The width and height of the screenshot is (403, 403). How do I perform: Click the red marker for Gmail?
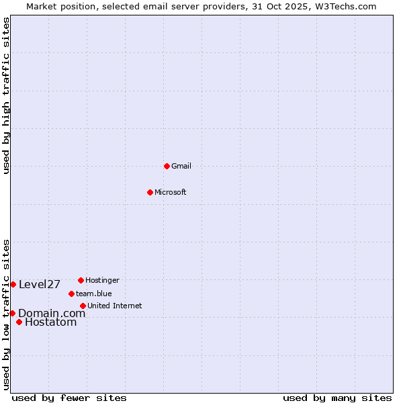pyautogui.click(x=167, y=166)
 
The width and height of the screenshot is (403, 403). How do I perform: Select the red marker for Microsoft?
pyautogui.click(x=150, y=192)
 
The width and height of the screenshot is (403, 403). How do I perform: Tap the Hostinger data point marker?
pyautogui.click(x=81, y=280)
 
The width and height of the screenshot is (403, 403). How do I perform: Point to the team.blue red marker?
pyautogui.click(x=71, y=294)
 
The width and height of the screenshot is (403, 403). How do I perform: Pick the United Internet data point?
pyautogui.click(x=83, y=306)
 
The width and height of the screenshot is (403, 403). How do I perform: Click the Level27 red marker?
pyautogui.click(x=13, y=284)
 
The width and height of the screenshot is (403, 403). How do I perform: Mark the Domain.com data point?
pyautogui.click(x=12, y=313)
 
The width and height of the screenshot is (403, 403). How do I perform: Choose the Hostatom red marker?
pyautogui.click(x=19, y=322)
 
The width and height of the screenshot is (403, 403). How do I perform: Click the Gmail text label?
pyautogui.click(x=181, y=166)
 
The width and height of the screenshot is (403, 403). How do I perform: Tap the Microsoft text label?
pyautogui.click(x=171, y=192)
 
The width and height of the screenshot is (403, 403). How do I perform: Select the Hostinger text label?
pyautogui.click(x=102, y=280)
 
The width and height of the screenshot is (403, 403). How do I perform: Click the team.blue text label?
pyautogui.click(x=94, y=294)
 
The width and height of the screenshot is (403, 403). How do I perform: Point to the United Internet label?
pyautogui.click(x=115, y=306)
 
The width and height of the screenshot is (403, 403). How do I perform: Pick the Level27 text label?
pyautogui.click(x=40, y=284)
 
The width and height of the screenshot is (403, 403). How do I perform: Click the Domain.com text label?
pyautogui.click(x=52, y=313)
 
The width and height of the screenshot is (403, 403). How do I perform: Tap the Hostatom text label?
pyautogui.click(x=51, y=322)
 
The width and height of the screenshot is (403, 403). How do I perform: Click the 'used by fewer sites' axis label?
pyautogui.click(x=69, y=398)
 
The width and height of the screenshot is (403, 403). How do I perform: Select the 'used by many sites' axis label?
pyautogui.click(x=337, y=398)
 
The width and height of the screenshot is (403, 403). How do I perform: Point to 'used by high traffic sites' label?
pyautogui.click(x=6, y=96)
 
